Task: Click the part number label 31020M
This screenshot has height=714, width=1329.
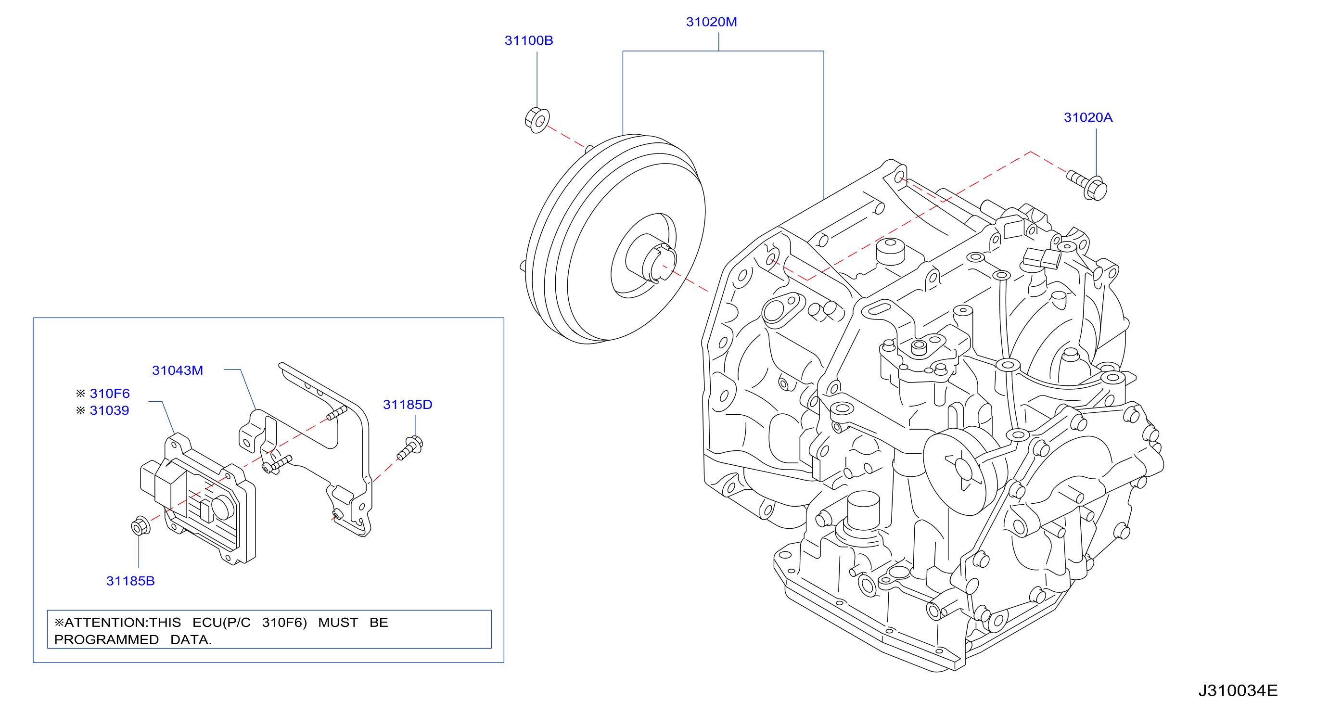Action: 712,22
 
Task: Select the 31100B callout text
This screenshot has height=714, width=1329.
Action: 529,40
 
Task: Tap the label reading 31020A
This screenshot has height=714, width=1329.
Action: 1088,117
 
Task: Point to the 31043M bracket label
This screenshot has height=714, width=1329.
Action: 178,370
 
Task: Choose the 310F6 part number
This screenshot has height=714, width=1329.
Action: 110,394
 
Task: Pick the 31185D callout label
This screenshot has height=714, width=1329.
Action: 408,405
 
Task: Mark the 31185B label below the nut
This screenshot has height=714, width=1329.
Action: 130,581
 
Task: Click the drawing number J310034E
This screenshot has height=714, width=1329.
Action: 1238,691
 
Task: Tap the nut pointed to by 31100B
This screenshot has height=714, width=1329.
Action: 537,120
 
